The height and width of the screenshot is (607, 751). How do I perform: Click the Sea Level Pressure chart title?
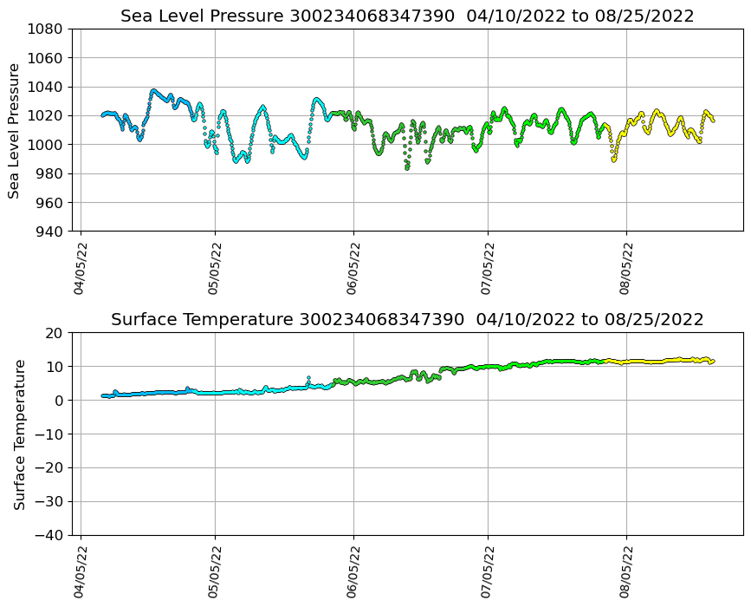pyautogui.click(x=407, y=16)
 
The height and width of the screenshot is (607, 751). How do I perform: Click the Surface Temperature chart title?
pyautogui.click(x=407, y=320)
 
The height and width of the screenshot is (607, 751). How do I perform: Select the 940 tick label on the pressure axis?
pyautogui.click(x=49, y=232)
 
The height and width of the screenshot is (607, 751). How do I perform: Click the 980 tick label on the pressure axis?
pyautogui.click(x=49, y=173)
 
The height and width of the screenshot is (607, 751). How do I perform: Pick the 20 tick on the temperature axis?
pyautogui.click(x=54, y=333)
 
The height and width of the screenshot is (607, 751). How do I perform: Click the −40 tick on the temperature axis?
pyautogui.click(x=49, y=536)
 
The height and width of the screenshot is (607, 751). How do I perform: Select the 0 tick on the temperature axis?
pyautogui.click(x=58, y=401)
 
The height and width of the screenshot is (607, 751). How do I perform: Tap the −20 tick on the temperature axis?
pyautogui.click(x=49, y=468)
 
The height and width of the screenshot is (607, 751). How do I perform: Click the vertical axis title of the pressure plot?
pyautogui.click(x=15, y=130)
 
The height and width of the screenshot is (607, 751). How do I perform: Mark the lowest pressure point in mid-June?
pyautogui.click(x=406, y=168)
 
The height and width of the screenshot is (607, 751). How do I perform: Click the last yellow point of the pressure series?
pyautogui.click(x=713, y=121)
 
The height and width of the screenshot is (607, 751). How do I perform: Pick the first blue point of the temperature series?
pyautogui.click(x=103, y=395)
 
